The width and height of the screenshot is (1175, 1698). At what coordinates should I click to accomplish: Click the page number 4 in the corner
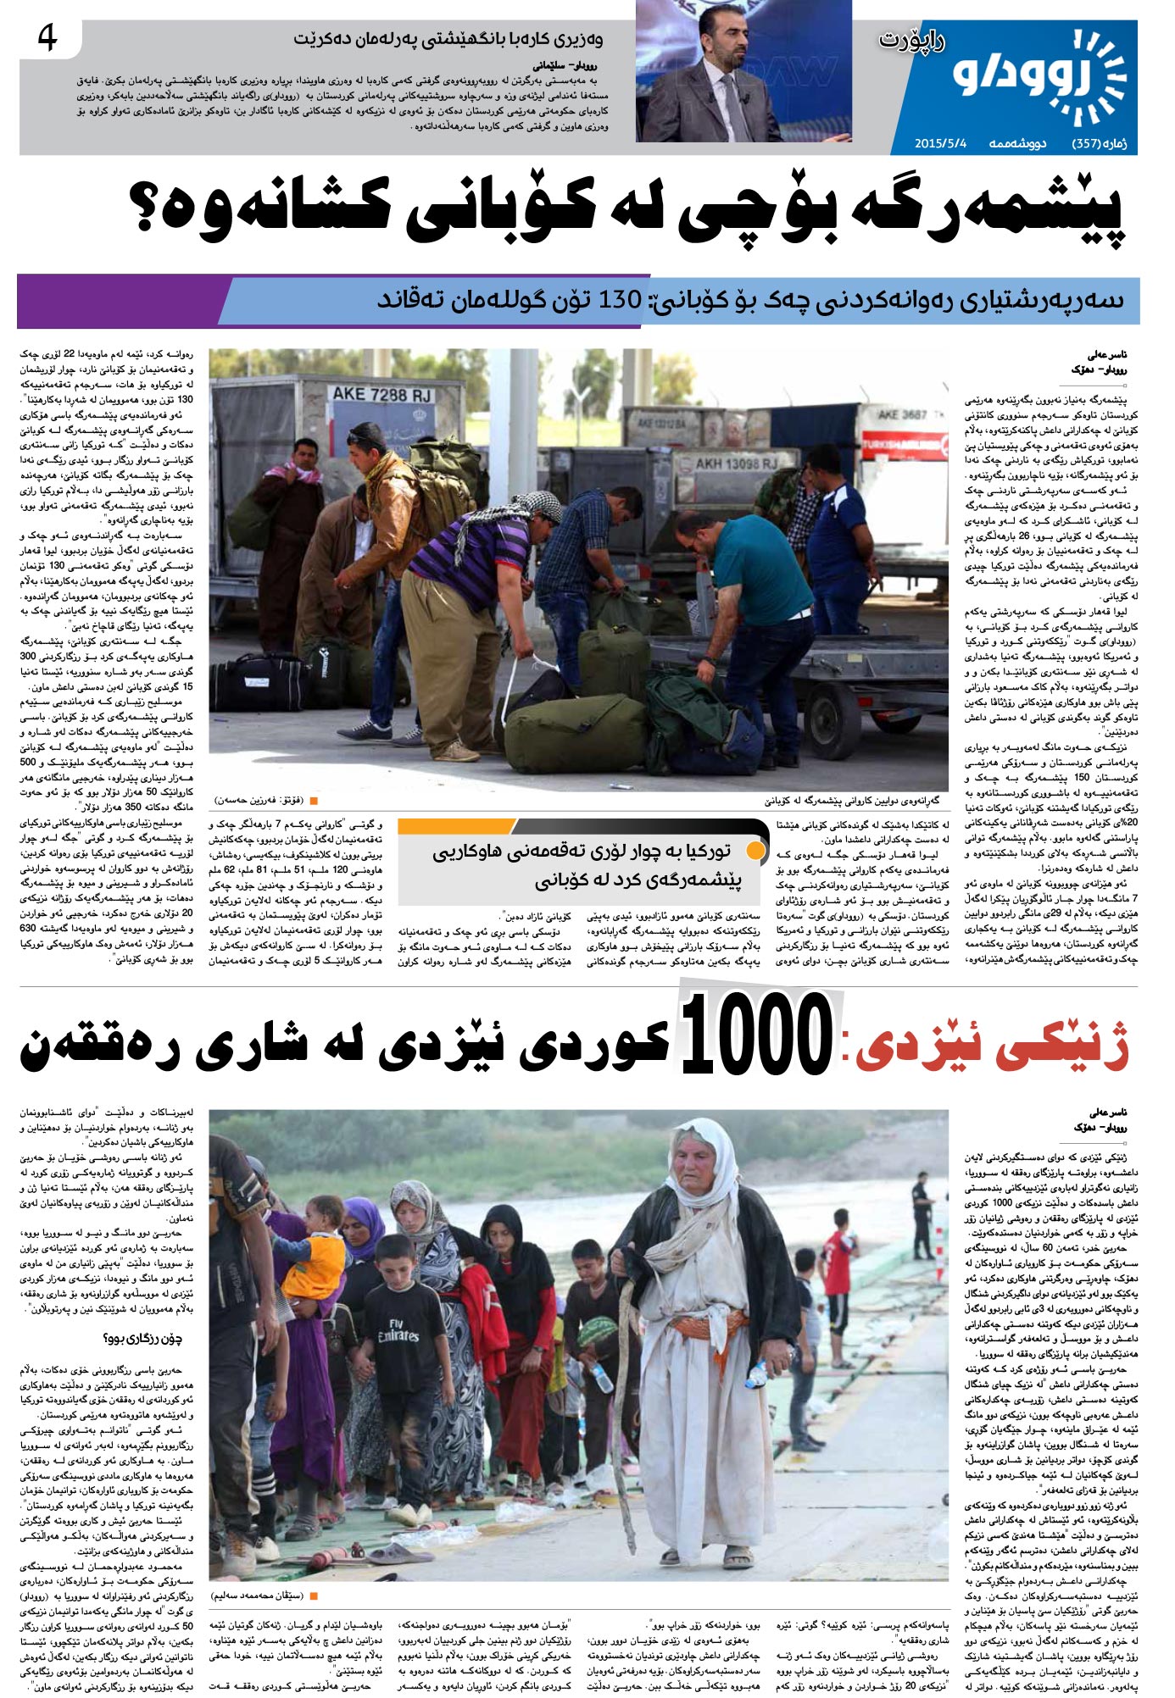[47, 39]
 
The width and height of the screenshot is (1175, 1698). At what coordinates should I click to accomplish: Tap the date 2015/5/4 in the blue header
[940, 143]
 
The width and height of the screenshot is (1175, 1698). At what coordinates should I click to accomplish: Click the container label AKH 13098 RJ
[736, 463]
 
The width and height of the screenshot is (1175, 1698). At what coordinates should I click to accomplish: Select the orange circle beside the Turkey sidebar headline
[756, 850]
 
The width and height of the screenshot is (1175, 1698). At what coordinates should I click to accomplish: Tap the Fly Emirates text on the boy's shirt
[398, 1329]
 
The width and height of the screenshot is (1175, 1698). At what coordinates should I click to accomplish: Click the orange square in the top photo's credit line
[314, 800]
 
